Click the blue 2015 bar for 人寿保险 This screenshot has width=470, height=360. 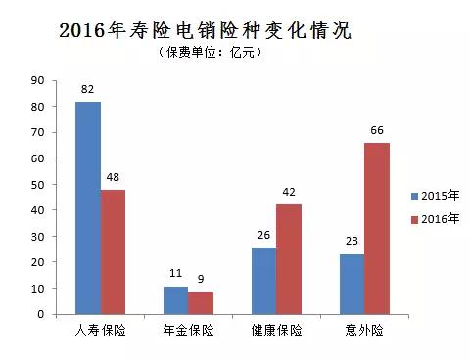88,207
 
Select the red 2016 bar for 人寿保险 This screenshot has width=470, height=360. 113,251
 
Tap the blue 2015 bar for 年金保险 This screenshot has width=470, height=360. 175,300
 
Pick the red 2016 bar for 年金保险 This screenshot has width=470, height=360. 200,303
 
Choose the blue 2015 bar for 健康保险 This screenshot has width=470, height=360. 263,281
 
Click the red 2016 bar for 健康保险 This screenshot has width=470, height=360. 288,259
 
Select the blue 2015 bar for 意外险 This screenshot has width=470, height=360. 352,285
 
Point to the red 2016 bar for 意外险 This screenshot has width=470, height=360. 376,228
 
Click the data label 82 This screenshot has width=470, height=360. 88,89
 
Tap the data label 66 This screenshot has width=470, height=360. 376,130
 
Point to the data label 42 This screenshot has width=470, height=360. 288,193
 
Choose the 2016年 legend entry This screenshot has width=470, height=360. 434,218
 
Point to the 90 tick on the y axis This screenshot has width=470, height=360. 38,80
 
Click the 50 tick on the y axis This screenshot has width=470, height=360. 38,184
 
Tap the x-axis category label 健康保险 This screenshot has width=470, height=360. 276,331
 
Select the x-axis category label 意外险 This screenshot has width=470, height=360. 364,331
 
